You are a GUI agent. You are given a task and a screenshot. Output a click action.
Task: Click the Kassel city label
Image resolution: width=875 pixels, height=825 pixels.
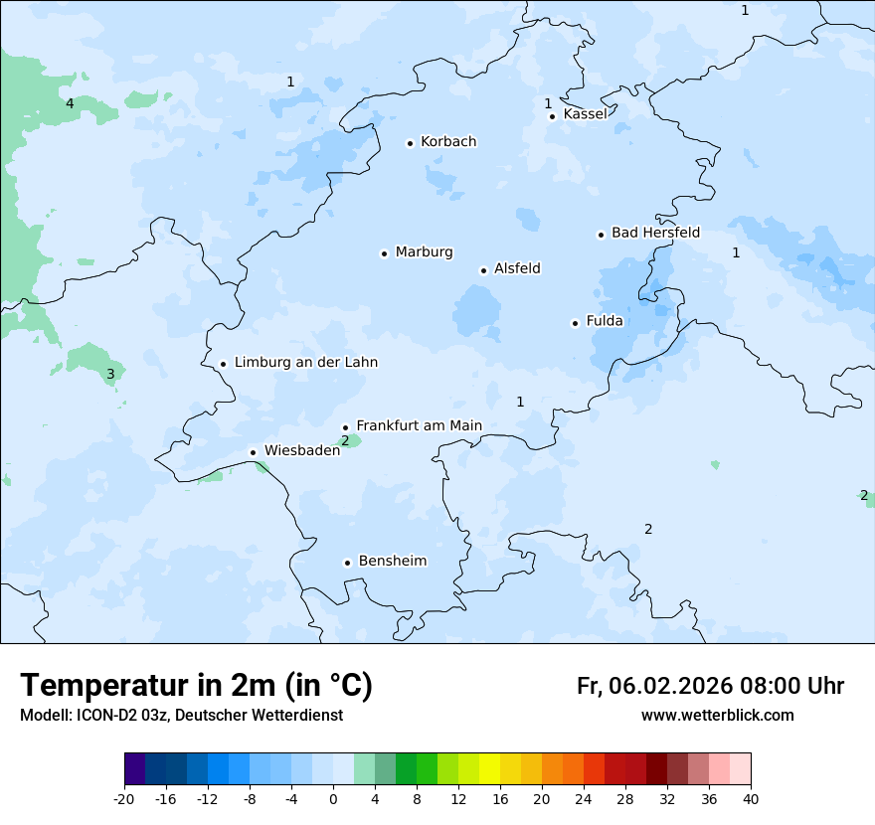pos(585,114)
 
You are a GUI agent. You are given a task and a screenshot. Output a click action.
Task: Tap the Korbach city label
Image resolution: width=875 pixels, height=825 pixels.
pos(448,142)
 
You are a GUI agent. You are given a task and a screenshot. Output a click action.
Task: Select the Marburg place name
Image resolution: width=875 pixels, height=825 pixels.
pos(424,252)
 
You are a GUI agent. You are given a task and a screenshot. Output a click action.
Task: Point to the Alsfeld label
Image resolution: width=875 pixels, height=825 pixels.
pos(517,268)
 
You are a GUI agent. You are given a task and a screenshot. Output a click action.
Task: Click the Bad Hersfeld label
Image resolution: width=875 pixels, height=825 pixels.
pos(655,233)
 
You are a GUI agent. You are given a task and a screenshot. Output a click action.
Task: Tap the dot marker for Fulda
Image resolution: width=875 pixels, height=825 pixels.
pos(575,323)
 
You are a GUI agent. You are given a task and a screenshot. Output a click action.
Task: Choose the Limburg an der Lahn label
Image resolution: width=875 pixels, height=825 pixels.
pos(305,363)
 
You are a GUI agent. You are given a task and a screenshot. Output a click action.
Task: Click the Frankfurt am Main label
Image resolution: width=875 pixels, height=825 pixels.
pos(419,425)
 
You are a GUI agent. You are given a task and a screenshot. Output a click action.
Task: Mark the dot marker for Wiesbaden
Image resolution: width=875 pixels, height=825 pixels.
pos(253,452)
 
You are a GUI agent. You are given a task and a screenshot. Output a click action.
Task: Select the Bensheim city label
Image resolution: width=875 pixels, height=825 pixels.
pos(392,562)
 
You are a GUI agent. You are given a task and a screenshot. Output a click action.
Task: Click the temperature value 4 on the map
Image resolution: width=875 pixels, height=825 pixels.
pos(70,103)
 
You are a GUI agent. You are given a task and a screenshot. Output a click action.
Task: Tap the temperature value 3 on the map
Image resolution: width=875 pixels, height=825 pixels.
pos(110,375)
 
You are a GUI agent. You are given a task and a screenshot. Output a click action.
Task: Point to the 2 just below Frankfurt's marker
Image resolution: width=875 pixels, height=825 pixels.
pos(345,440)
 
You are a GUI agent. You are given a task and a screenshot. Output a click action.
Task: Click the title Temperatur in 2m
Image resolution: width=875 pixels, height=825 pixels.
pos(196,686)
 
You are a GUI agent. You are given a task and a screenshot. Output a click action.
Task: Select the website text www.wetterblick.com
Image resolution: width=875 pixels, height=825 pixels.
pos(717,716)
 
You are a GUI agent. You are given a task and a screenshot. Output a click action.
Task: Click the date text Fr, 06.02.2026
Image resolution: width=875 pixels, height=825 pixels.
pos(654,686)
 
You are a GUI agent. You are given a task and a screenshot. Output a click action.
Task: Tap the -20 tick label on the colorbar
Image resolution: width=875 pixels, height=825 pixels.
pos(124,798)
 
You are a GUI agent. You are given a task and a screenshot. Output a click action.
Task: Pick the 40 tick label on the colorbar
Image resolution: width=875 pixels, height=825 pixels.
pos(751,798)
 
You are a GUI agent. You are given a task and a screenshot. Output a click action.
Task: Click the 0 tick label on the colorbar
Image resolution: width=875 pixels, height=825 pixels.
pos(333,798)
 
